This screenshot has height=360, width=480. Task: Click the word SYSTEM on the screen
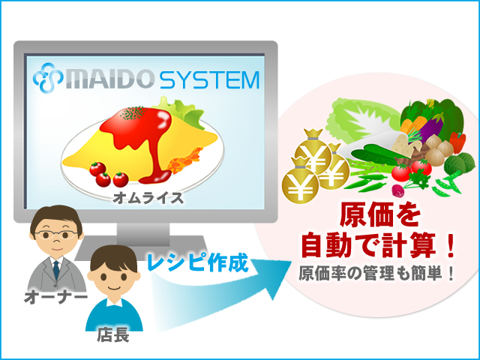[209, 80]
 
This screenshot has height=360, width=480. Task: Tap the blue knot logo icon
[48, 77]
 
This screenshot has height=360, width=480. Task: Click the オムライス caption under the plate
[148, 198]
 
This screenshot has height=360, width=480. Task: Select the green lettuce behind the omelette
[181, 112]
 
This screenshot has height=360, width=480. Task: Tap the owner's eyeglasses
[56, 235]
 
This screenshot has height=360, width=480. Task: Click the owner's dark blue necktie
[56, 270]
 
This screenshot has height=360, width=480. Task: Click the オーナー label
[55, 297]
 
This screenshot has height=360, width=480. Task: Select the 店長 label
[113, 335]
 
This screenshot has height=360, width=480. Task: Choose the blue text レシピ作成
[197, 262]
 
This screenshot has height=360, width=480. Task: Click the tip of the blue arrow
[291, 262]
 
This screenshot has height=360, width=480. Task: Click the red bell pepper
[457, 142]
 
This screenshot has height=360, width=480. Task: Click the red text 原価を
[380, 216]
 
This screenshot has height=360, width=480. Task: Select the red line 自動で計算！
[378, 245]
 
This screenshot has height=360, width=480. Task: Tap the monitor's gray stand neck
[143, 235]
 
